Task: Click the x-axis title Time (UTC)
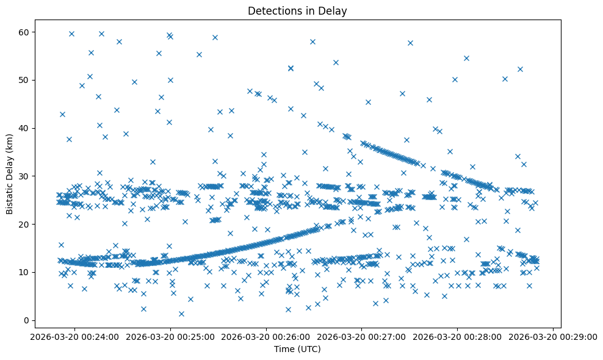pyautogui.click(x=297, y=350)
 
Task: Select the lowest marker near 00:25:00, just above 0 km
pyautogui.click(x=181, y=314)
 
